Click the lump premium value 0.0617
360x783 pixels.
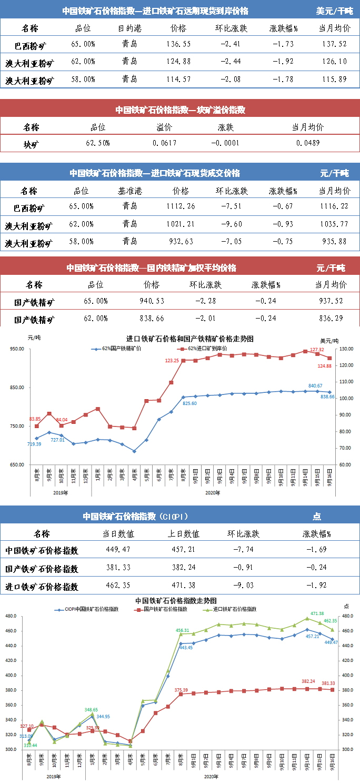(164, 143)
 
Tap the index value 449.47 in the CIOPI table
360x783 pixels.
(118, 550)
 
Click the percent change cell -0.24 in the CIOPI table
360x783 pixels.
(316, 568)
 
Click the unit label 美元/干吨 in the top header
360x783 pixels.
(334, 11)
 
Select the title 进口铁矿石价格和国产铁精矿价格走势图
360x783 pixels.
(189, 339)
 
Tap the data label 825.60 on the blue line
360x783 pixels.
(189, 403)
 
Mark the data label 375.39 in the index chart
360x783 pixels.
(181, 690)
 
